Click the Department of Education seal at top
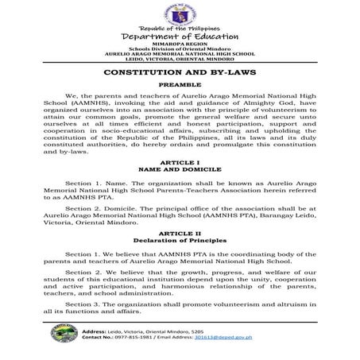coord(180,15)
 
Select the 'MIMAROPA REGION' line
coord(180,47)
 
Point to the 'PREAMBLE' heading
coord(180,83)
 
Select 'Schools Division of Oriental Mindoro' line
coord(180,52)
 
